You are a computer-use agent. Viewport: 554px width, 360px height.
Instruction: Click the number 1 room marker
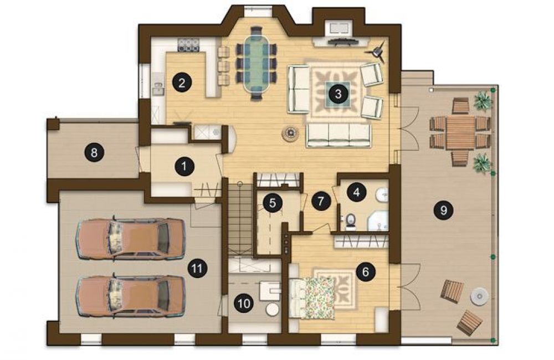click(x=184, y=166)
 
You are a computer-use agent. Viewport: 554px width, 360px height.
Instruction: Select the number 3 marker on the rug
click(x=338, y=94)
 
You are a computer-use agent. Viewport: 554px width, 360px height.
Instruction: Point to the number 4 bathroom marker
click(x=356, y=192)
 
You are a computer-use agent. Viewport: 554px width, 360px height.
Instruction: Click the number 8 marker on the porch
click(x=94, y=153)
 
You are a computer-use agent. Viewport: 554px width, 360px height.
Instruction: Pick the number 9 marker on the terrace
click(x=443, y=210)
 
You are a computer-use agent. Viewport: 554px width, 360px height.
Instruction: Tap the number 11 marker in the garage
click(x=197, y=268)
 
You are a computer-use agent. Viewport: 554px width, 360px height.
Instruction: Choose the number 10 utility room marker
click(x=244, y=303)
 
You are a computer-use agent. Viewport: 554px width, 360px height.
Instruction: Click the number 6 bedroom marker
click(x=365, y=271)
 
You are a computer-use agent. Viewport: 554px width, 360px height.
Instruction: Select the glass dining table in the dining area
click(x=257, y=63)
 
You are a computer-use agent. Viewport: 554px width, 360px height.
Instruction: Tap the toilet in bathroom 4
click(x=350, y=220)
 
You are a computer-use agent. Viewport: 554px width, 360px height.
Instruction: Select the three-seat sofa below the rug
click(x=338, y=135)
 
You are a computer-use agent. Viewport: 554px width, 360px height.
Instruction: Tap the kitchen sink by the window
click(x=158, y=87)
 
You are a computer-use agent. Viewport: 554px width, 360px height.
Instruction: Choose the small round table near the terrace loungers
click(x=479, y=296)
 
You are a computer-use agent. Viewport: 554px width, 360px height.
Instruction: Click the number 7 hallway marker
click(x=320, y=201)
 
